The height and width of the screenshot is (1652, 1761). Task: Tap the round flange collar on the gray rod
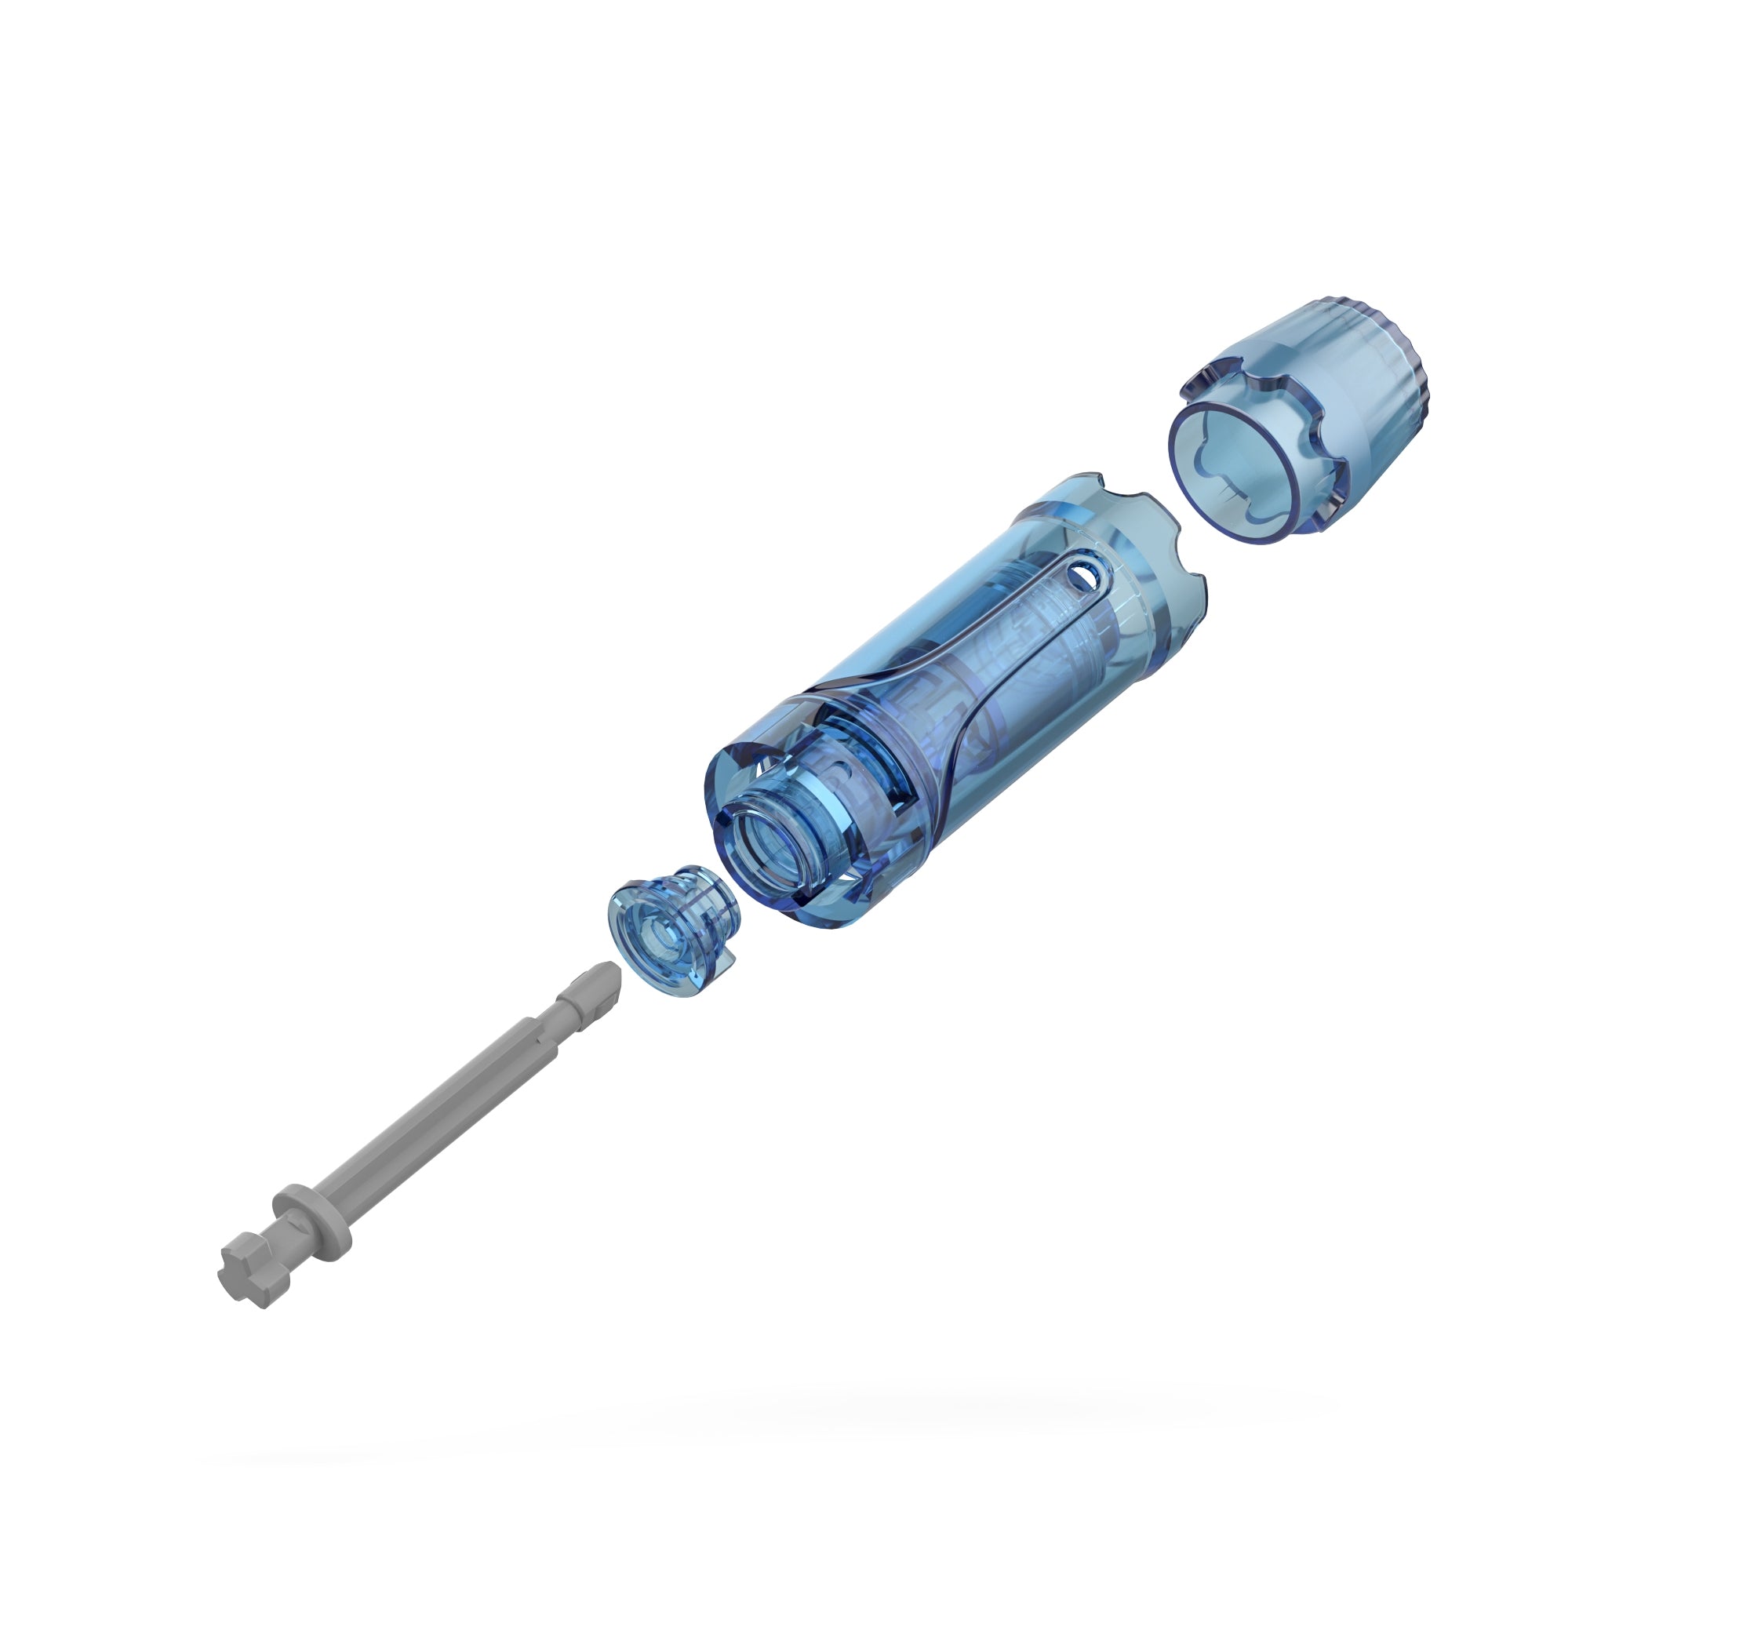point(312,1214)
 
